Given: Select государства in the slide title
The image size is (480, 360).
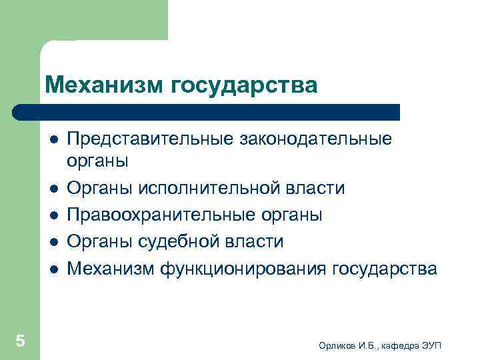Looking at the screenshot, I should tap(245, 85).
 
